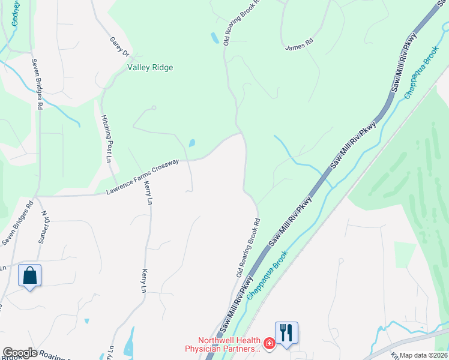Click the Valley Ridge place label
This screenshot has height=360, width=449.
pos(150,68)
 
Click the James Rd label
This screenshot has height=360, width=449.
pos(300,44)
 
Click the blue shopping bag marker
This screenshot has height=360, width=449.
pos(30,276)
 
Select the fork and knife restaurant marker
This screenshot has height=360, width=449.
pos(286,332)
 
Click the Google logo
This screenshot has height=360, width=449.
pos(20,353)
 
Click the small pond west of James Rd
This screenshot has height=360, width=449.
pos(214,38)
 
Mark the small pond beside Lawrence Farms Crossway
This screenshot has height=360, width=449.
pos(191,143)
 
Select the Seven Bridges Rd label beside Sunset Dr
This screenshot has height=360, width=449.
pos(16,227)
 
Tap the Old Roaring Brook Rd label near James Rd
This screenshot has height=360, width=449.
pos(241,22)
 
